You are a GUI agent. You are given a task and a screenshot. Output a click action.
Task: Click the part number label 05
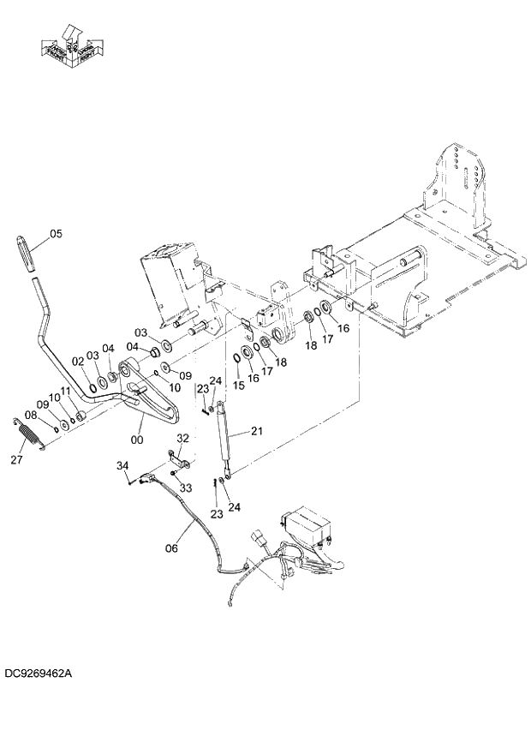coord(56,233)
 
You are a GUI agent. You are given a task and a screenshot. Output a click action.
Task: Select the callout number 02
coord(77,362)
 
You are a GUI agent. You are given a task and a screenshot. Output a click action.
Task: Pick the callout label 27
coord(16,460)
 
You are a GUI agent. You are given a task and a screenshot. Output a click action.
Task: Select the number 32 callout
coord(182,438)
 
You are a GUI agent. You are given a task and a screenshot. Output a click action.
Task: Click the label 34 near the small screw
coord(122,465)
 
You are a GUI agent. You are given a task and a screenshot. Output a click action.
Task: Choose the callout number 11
coord(65,392)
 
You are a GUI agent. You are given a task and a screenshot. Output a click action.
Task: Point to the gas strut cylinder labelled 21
coord(225,436)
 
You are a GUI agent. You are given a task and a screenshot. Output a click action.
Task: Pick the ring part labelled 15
coord(236,357)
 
